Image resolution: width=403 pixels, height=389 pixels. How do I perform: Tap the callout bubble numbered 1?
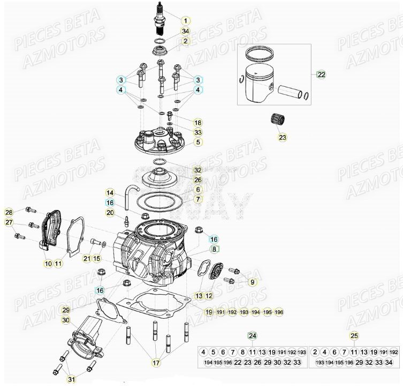pos(185,21)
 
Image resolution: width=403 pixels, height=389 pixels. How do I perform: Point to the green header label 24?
pos(252,336)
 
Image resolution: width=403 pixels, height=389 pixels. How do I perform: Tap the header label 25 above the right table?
pos(354,336)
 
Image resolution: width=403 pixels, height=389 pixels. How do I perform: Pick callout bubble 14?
pos(109,192)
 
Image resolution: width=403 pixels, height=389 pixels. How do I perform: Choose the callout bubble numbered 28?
pos(9,212)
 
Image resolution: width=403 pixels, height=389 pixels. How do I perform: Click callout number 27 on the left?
pos(9,223)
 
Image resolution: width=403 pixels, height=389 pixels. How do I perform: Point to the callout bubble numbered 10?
pos(48,263)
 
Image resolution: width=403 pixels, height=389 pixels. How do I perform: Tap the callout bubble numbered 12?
pos(209,295)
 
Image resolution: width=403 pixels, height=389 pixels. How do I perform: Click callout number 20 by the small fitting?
pos(110,213)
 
